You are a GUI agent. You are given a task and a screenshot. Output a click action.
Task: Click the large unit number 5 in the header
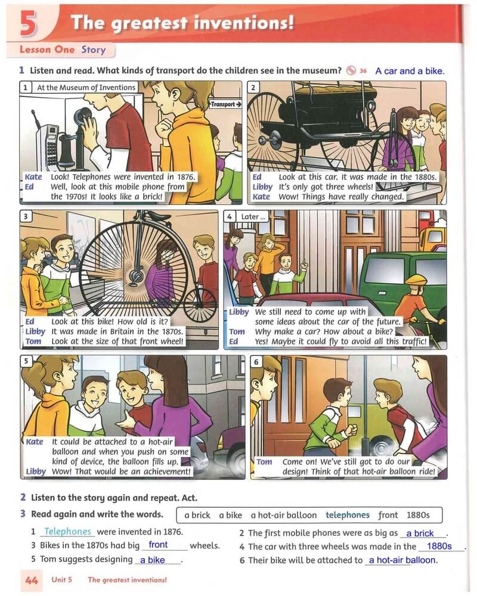[29, 23]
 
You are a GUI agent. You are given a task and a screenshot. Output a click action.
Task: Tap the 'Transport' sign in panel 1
[225, 104]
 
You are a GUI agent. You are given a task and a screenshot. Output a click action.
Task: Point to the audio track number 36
[363, 71]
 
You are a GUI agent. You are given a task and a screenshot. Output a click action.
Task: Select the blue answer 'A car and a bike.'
[410, 71]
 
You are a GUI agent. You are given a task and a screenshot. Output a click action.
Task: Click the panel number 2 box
[253, 88]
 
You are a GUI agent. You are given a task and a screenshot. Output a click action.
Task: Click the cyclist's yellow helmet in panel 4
[416, 281]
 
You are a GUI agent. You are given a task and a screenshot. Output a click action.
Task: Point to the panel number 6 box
[256, 362]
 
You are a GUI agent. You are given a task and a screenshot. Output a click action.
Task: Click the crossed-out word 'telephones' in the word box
[347, 515]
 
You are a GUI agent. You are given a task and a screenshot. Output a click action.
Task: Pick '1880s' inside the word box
[418, 515]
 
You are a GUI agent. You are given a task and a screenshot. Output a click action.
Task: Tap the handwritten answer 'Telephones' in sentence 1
[68, 531]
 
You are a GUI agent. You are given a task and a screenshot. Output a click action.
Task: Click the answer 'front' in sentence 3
[158, 545]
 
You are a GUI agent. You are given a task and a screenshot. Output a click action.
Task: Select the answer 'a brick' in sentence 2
[420, 533]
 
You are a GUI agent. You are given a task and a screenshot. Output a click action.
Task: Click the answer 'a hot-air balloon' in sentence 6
[403, 560]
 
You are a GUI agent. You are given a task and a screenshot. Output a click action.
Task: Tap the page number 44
[32, 581]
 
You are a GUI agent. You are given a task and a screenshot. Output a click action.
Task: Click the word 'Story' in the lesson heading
[93, 50]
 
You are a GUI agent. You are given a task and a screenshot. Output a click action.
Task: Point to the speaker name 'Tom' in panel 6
[264, 461]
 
